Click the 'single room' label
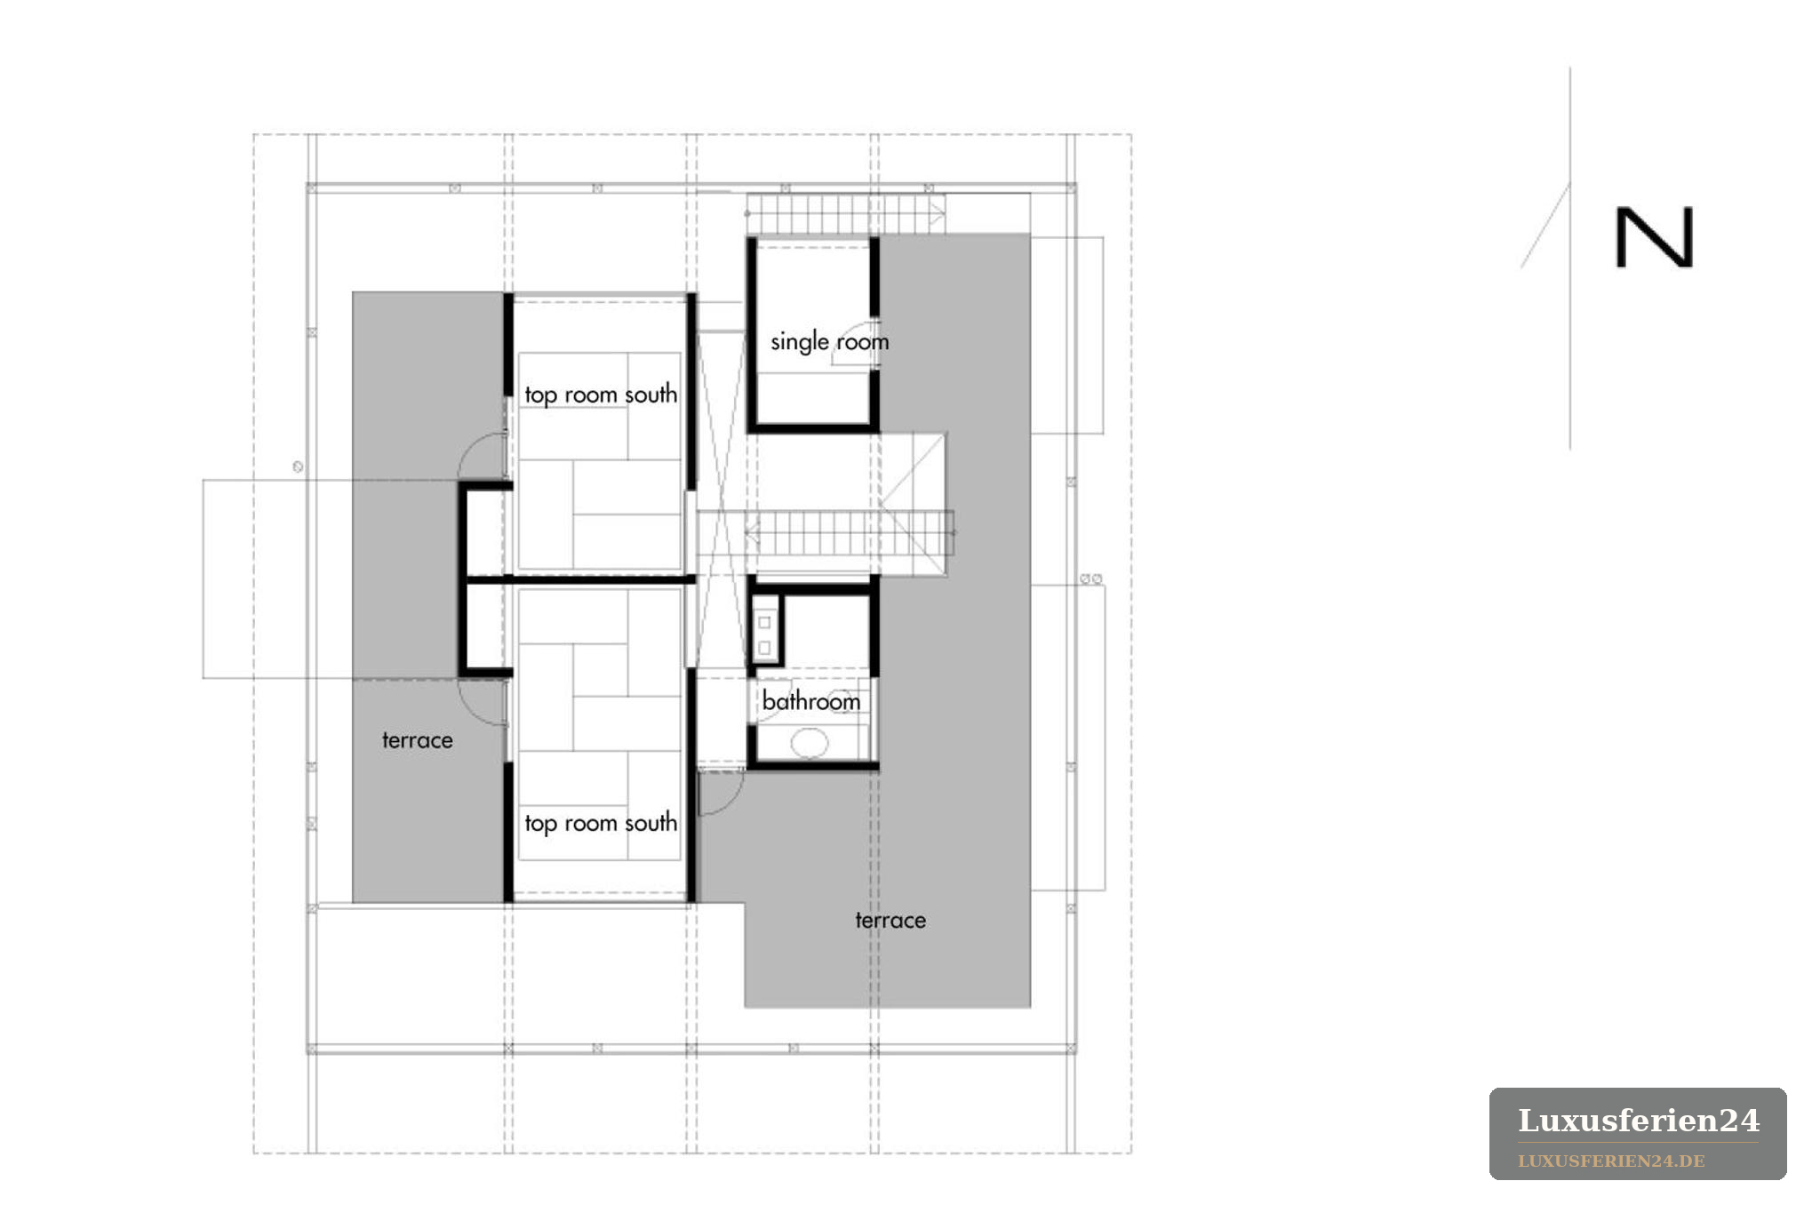(829, 342)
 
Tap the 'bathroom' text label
(811, 701)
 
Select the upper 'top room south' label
(601, 395)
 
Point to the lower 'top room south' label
(601, 824)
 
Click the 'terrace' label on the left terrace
(418, 740)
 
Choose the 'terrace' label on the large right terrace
(890, 920)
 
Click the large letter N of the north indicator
(1655, 237)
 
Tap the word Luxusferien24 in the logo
(1639, 1121)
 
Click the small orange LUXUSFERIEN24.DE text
(1611, 1161)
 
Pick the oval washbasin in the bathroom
(809, 743)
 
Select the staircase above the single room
(845, 214)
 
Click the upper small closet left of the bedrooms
(485, 531)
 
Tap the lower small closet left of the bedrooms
(485, 627)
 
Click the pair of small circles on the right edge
(1091, 579)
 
